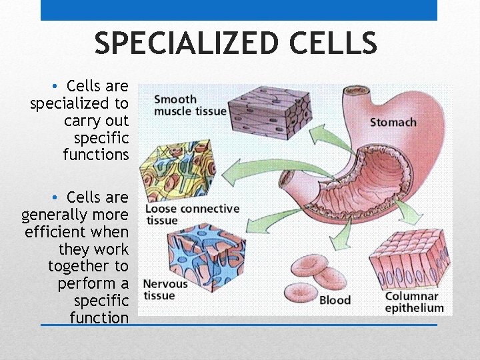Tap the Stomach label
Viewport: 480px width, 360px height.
tap(393, 123)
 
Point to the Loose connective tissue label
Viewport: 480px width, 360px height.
tap(192, 215)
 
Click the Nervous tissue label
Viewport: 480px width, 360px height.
tap(165, 290)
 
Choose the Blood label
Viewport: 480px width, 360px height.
tap(335, 301)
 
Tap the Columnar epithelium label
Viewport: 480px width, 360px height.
tap(413, 303)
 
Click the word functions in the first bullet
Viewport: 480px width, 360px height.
tap(95, 155)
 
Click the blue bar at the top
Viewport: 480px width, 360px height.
tap(239, 10)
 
